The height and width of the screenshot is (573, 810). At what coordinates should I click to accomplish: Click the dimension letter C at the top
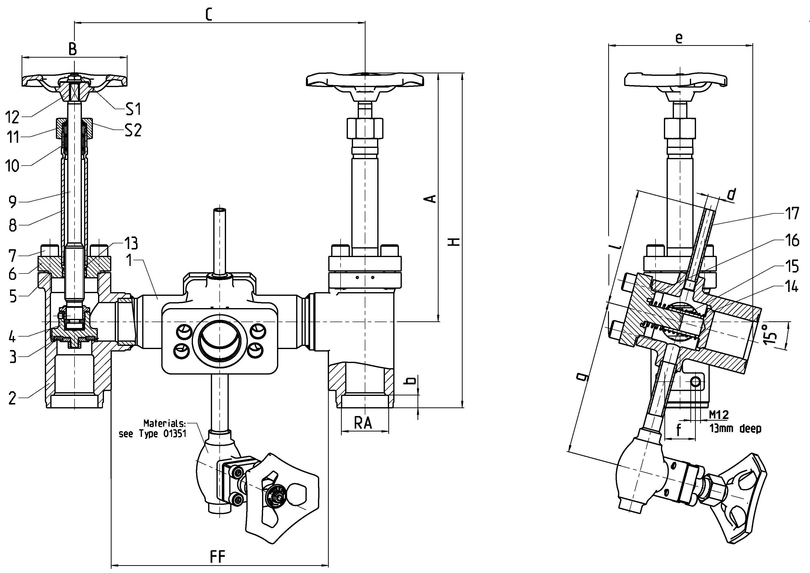click(x=209, y=14)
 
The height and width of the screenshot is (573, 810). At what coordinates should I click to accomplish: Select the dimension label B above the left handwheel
click(x=72, y=49)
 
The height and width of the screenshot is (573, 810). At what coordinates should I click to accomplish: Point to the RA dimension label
click(x=363, y=423)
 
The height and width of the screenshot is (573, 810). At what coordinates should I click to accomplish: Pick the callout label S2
click(x=133, y=131)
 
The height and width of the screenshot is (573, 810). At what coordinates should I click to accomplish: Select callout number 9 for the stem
click(x=13, y=202)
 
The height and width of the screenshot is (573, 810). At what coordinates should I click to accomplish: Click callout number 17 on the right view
click(x=792, y=214)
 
